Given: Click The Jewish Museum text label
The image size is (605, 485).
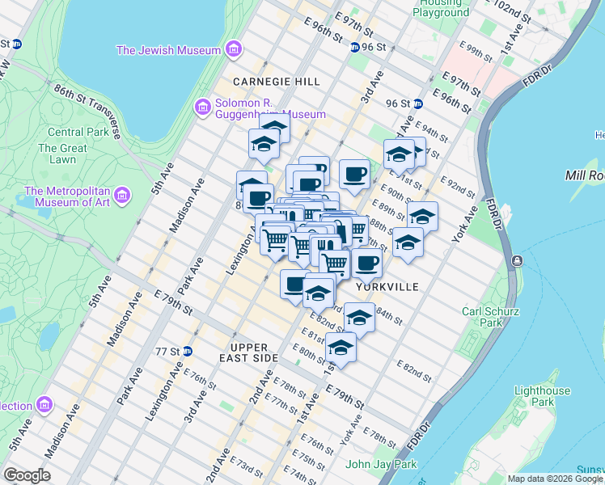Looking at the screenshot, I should (169, 50).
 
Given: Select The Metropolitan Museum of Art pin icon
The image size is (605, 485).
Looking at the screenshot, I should (122, 195).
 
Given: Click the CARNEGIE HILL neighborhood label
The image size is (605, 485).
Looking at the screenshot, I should (277, 82).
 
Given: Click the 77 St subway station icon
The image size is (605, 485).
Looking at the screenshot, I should (187, 351).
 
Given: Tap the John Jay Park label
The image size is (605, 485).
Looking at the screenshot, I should (381, 464).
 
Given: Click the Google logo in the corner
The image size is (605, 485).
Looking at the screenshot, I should (26, 475).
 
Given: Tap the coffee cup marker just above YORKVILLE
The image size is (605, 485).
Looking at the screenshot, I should (367, 262).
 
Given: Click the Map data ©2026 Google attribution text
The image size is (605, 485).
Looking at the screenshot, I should (555, 479).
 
